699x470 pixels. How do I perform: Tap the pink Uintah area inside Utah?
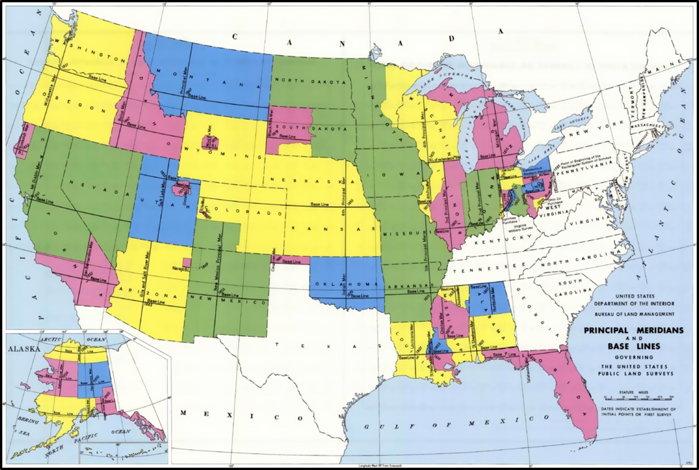[x=185, y=188]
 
